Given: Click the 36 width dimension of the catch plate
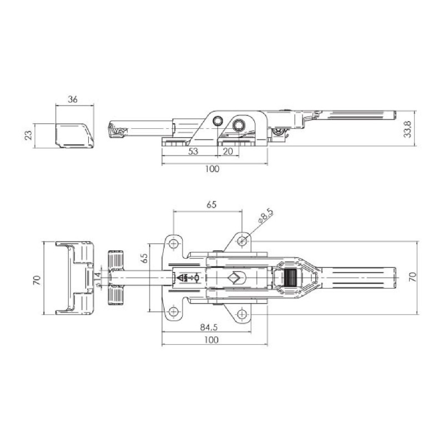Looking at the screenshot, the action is (x=73, y=99).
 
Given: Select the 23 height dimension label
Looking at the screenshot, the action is (x=28, y=135).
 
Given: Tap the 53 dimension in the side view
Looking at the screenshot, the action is (x=193, y=152).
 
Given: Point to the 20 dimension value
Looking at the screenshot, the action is (x=228, y=152).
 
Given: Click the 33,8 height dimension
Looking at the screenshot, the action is (x=407, y=129).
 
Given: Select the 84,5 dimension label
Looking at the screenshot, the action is (x=209, y=327).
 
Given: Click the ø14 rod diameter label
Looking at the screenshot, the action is (x=98, y=280).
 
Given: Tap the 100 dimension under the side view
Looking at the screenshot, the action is (x=212, y=169).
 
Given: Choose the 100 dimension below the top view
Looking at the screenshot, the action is (x=211, y=340).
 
